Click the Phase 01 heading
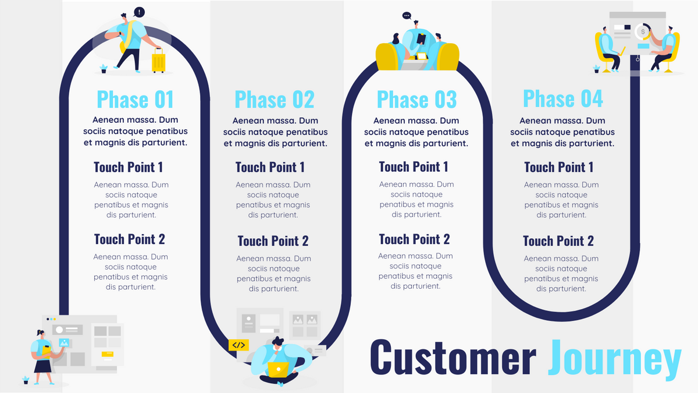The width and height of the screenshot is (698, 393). [x=135, y=100]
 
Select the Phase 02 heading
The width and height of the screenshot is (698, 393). [x=274, y=100]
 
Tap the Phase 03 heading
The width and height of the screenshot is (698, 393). [x=416, y=100]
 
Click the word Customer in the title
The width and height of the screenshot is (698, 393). [x=453, y=356]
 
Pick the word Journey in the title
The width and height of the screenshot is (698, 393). [x=614, y=356]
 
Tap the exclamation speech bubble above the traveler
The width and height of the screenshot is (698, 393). [x=138, y=12]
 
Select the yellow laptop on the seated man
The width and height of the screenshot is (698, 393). [x=278, y=369]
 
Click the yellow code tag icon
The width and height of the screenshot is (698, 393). [x=238, y=345]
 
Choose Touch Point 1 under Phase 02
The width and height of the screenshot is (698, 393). [x=270, y=168]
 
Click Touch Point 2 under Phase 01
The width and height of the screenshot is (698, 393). [x=129, y=239]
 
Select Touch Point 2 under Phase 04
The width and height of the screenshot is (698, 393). [x=558, y=241]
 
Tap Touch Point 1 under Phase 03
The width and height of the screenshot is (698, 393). [x=414, y=167]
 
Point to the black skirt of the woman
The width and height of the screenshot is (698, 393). [x=43, y=366]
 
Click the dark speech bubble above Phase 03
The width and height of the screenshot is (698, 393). [x=407, y=16]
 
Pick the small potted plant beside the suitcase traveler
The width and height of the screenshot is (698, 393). [x=104, y=68]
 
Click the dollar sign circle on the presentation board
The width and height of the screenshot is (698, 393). [x=643, y=30]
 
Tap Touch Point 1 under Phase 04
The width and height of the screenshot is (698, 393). [x=558, y=168]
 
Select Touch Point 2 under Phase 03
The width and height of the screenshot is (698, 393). [x=414, y=239]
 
